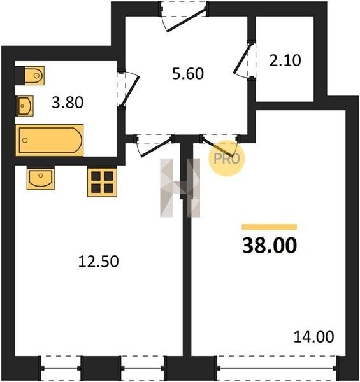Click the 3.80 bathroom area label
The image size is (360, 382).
(x=68, y=103)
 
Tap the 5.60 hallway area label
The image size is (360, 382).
(x=188, y=74)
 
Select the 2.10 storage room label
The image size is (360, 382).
(x=285, y=60)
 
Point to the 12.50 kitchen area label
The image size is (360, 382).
(x=99, y=262)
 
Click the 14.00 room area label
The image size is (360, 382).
(x=313, y=337)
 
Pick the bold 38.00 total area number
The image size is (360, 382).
(x=270, y=245)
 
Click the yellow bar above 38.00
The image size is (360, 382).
(x=270, y=227)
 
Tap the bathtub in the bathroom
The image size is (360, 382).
(x=50, y=140)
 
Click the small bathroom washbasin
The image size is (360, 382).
(x=25, y=106)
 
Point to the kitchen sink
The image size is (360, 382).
(x=41, y=178)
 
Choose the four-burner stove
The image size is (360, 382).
(x=102, y=181)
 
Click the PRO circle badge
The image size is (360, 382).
(x=226, y=159)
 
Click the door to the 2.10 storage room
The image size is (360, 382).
(x=244, y=60)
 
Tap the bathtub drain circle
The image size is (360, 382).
(x=25, y=140)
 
